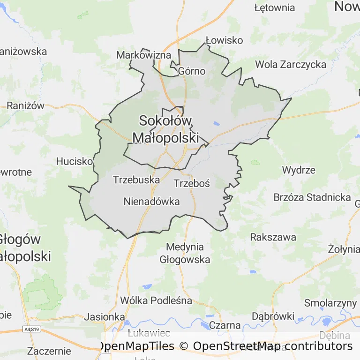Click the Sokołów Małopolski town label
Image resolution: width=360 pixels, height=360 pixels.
pyautogui.click(x=165, y=129)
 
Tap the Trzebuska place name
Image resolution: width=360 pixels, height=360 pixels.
pyautogui.click(x=136, y=180)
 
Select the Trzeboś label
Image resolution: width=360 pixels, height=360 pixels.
pyautogui.click(x=192, y=183)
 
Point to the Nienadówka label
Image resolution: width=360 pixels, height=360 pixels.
pyautogui.click(x=152, y=202)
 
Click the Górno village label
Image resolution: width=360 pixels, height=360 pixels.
pyautogui.click(x=192, y=71)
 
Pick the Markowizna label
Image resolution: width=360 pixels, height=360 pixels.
pyautogui.click(x=143, y=55)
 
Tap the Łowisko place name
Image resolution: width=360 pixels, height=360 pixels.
pyautogui.click(x=224, y=40)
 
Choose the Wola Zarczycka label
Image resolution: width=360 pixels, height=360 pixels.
pyautogui.click(x=291, y=64)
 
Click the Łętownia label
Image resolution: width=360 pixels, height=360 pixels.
pyautogui.click(x=275, y=7)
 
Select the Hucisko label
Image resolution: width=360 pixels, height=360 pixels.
pyautogui.click(x=75, y=161)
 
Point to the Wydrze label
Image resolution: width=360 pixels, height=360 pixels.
pyautogui.click(x=299, y=170)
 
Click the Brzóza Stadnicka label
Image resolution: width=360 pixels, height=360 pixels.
pyautogui.click(x=312, y=197)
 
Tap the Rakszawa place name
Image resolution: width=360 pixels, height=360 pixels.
pyautogui.click(x=273, y=237)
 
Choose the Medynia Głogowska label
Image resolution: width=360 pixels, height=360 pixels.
pyautogui.click(x=185, y=253)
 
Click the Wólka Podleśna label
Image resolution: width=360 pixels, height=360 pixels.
pyautogui.click(x=156, y=300)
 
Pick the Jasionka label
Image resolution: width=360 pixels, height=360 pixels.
pyautogui.click(x=105, y=316)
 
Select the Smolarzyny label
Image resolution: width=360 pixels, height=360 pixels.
pyautogui.click(x=330, y=302)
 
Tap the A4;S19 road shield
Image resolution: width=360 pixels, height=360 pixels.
pyautogui.click(x=31, y=330)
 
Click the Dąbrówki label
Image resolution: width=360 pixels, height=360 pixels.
pyautogui.click(x=273, y=316)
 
